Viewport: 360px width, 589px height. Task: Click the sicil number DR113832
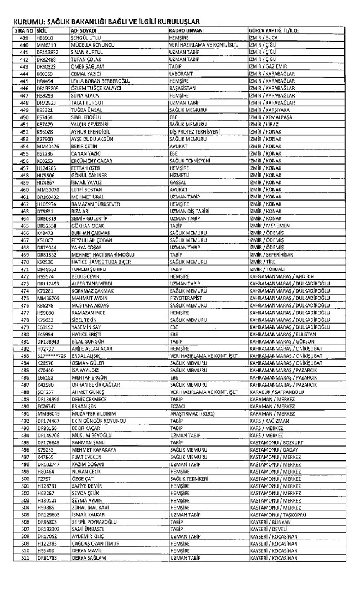point(48,53)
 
